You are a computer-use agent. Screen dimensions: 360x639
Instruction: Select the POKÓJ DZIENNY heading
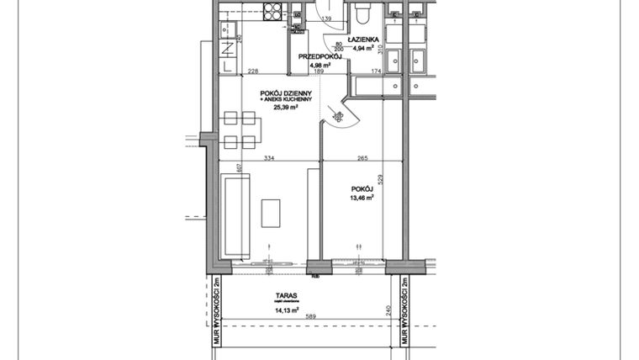tap(287, 93)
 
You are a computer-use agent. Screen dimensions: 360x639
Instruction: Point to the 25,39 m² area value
tap(286, 108)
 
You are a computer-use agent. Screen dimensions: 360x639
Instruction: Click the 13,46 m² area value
tap(362, 199)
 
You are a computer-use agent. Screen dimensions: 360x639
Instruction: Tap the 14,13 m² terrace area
tap(286, 310)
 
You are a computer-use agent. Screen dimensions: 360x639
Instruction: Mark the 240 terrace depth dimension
tap(388, 310)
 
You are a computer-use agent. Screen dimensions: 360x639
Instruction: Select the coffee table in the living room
tap(271, 212)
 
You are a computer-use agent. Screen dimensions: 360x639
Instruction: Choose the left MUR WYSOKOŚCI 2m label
tap(216, 311)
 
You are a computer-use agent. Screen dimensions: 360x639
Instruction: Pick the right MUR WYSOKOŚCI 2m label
tap(404, 311)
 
